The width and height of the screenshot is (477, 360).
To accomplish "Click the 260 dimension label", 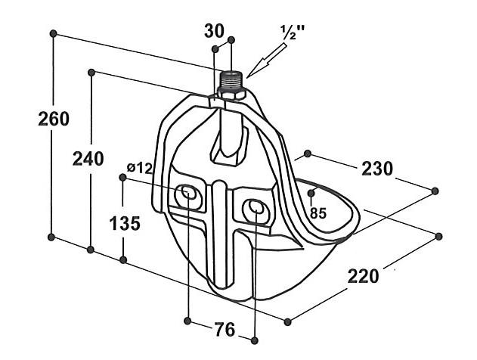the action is (54, 119).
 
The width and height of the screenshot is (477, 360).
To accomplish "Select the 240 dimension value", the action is (88, 159).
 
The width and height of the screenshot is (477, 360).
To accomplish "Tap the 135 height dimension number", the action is (125, 223).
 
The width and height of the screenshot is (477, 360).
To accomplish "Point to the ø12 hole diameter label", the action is (140, 168).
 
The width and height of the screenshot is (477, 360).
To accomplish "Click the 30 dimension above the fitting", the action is (214, 31).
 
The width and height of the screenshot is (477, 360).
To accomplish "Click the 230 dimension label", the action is (377, 169).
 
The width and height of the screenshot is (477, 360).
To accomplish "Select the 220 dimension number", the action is (363, 276).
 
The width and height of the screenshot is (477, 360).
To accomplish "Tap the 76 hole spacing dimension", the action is (225, 329).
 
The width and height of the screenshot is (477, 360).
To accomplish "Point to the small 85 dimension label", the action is (318, 213).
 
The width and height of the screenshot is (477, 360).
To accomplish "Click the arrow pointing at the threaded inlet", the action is (268, 61).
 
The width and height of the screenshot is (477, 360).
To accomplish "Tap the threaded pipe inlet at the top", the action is (231, 79).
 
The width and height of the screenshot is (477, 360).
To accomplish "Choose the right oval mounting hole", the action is (256, 207).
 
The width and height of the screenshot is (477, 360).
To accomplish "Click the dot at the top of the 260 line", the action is (54, 33).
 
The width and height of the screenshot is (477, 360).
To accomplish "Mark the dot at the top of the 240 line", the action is (91, 72).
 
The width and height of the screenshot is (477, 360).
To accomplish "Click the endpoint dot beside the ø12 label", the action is (123, 177).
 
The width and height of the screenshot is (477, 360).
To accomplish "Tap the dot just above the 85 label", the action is (311, 193).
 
